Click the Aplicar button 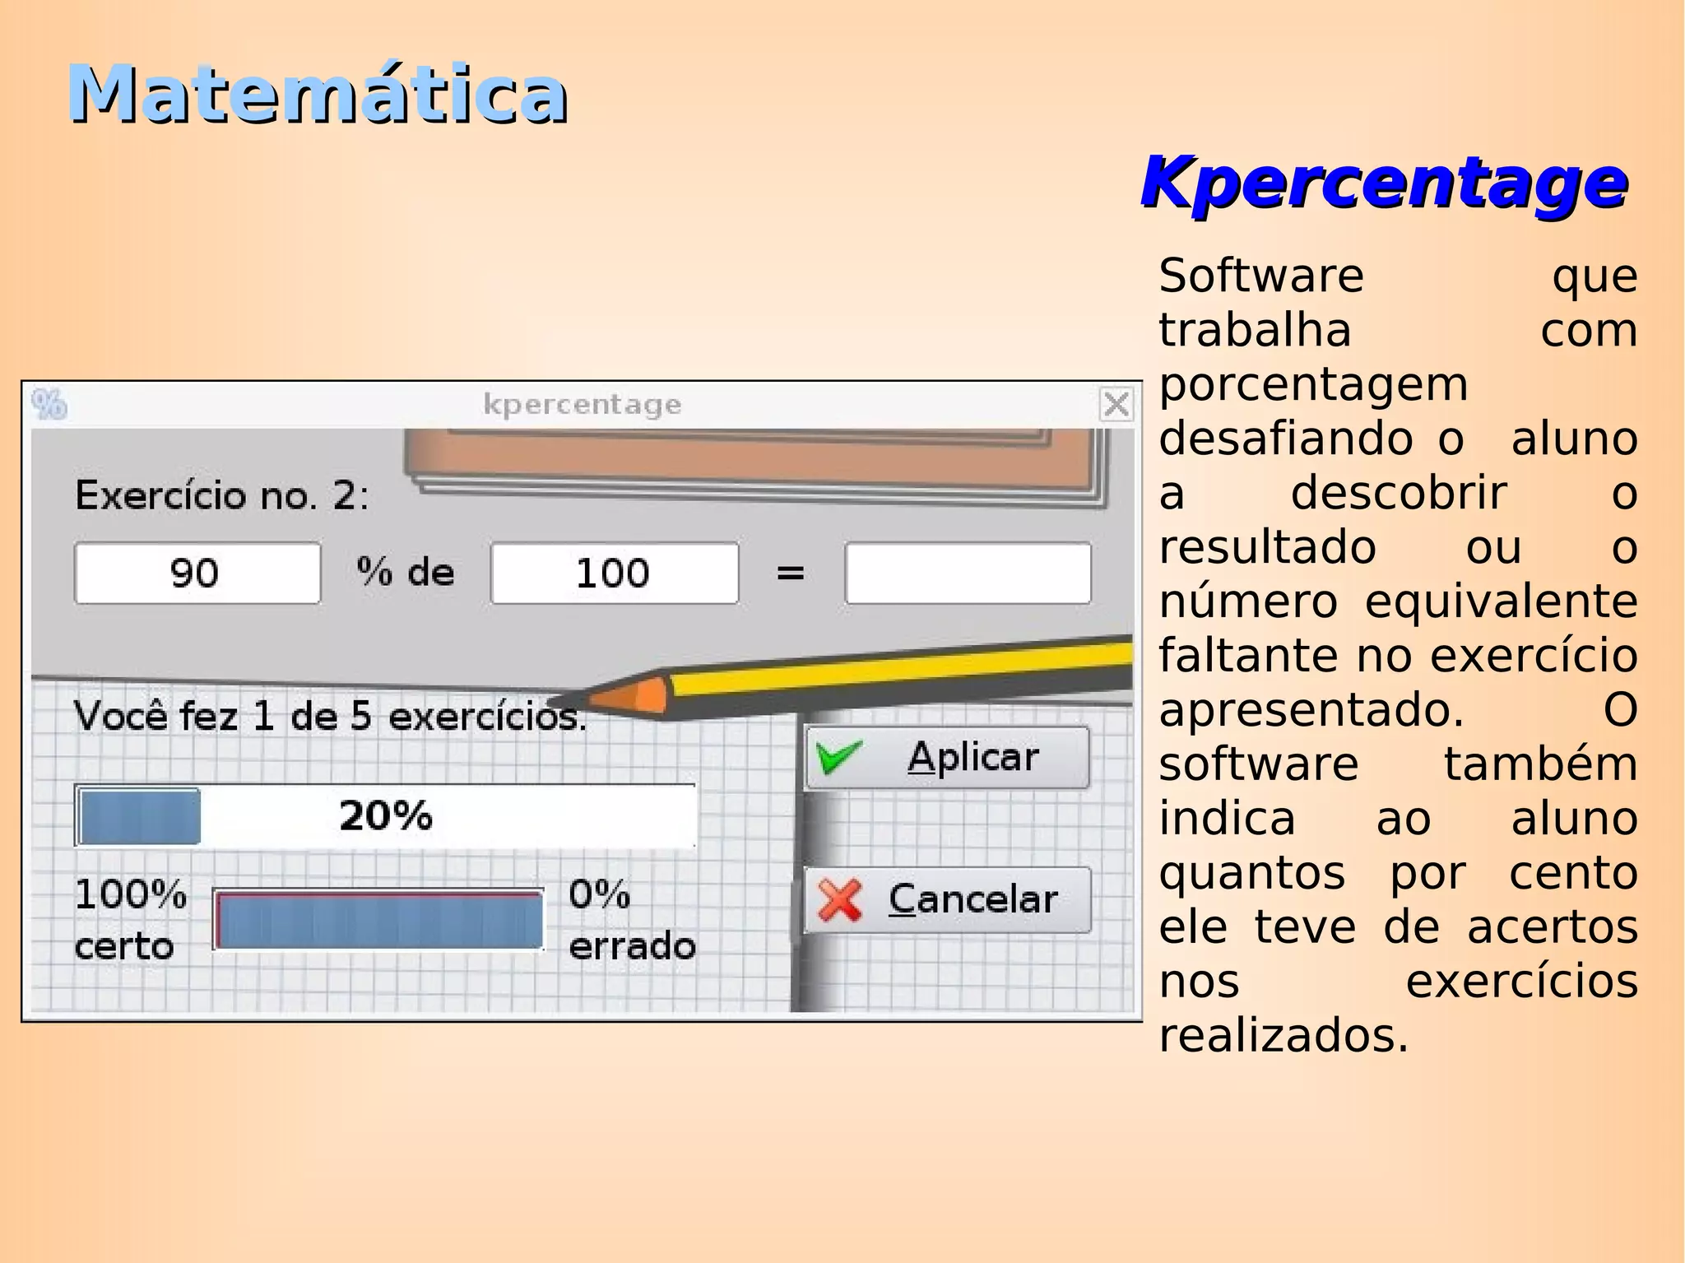tap(947, 757)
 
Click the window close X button tap(1116, 404)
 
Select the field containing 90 tap(197, 573)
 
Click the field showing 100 tap(614, 573)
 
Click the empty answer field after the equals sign tap(968, 573)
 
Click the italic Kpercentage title tap(1384, 183)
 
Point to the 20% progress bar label tap(385, 815)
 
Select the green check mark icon tap(838, 756)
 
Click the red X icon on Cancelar tap(840, 899)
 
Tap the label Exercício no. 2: tap(222, 495)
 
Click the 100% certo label tap(130, 919)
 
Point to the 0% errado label tap(631, 919)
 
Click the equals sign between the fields tap(790, 573)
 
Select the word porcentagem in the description tap(1313, 384)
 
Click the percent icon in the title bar tap(49, 404)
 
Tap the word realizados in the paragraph tap(1283, 1035)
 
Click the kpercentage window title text tap(582, 404)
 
